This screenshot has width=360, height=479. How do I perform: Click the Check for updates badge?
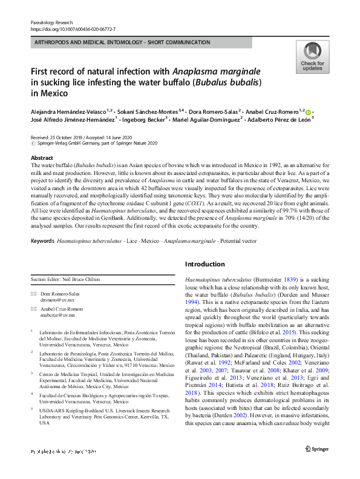pos(312,58)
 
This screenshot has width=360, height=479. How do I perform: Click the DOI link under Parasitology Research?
pos(73,28)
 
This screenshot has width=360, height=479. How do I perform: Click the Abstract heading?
pos(42,157)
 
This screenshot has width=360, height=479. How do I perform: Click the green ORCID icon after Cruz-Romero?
pos(309,112)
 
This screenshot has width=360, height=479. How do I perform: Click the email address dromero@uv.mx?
pos(57,299)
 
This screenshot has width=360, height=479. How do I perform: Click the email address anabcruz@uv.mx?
pos(58,315)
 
